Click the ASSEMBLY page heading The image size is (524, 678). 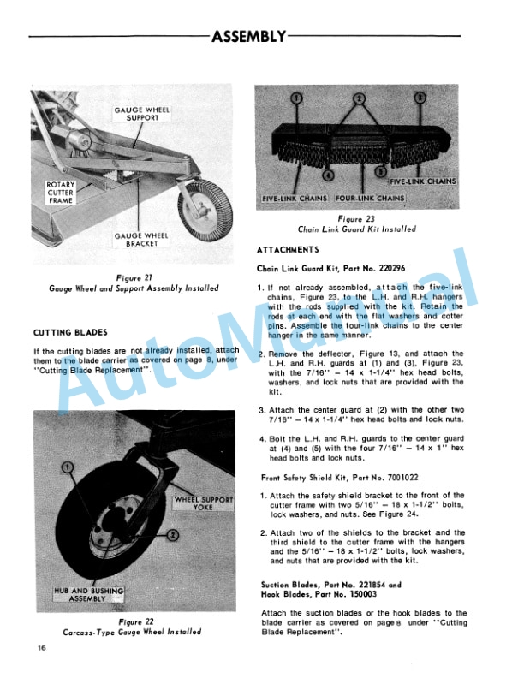(247, 36)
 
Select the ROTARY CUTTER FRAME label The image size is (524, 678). (62, 195)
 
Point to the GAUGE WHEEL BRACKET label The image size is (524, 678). (140, 241)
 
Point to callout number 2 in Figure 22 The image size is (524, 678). (172, 535)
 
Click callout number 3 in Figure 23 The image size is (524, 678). (420, 98)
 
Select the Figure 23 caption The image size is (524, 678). (358, 224)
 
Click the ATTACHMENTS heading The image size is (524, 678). (288, 249)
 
